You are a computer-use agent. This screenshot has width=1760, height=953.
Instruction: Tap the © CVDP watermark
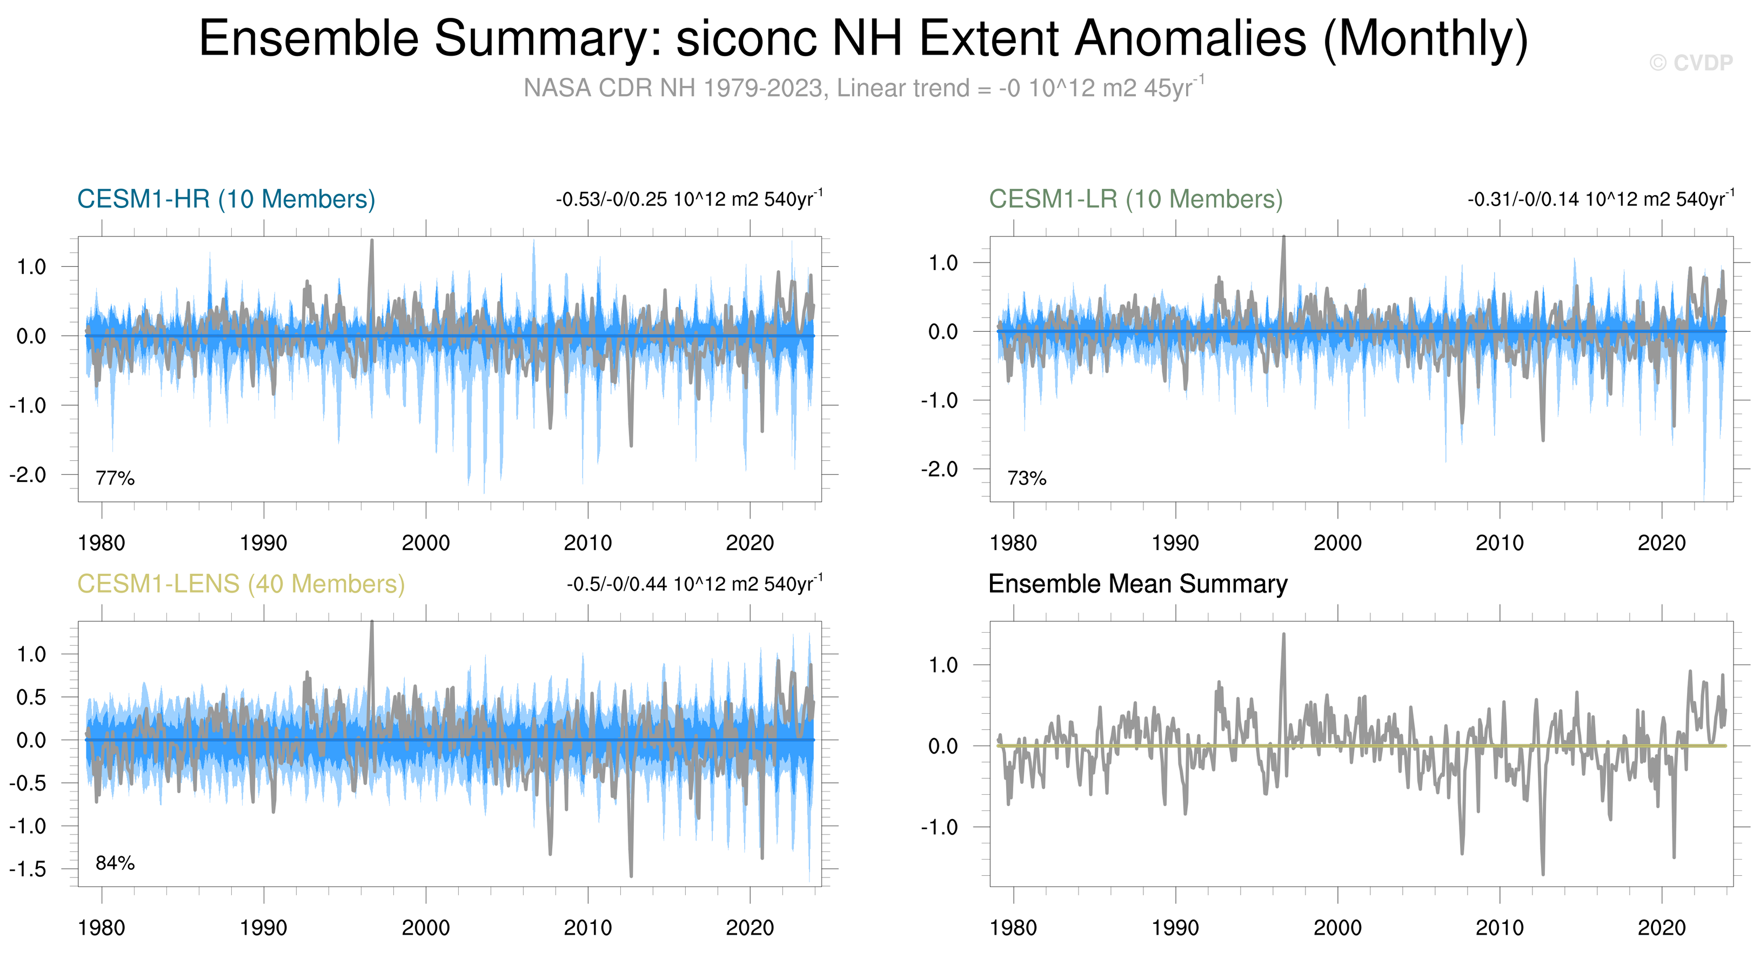[1691, 63]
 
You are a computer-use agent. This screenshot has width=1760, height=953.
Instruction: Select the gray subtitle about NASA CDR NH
[864, 88]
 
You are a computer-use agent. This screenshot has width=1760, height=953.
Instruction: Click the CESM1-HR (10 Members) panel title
[226, 199]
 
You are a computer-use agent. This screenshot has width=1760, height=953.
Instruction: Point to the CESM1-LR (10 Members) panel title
[1135, 199]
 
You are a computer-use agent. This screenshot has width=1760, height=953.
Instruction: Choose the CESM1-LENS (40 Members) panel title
[240, 584]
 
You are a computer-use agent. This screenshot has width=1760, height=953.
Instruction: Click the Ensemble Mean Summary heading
[1137, 584]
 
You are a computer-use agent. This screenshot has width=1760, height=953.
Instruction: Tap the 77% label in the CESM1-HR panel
[115, 478]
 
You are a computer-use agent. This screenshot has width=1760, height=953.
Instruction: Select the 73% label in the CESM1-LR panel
[1026, 478]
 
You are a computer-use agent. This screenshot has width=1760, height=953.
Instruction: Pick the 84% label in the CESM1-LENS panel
[115, 863]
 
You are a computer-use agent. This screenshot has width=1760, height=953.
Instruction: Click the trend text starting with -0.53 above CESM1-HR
[688, 199]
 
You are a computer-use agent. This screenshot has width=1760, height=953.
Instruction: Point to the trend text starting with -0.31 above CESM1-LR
[1600, 199]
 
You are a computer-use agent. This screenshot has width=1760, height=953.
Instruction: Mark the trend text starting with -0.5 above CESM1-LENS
[694, 584]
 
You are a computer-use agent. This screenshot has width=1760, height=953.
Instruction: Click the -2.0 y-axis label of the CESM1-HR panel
[28, 475]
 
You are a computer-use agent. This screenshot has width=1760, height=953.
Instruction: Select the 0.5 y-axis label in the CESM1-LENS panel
[31, 697]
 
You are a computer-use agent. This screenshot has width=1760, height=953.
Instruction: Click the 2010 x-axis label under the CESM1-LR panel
[1499, 543]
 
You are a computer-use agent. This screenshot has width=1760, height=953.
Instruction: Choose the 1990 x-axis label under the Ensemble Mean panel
[1175, 928]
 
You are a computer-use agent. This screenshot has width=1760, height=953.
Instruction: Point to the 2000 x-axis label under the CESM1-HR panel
[426, 543]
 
